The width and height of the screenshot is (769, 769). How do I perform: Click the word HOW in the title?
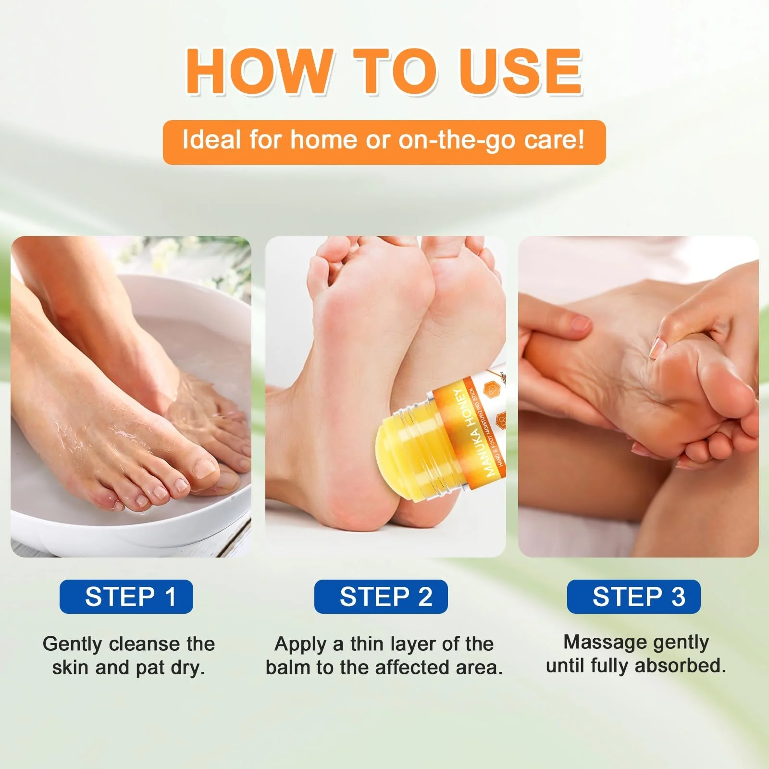260,71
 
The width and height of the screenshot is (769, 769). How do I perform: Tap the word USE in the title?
521,71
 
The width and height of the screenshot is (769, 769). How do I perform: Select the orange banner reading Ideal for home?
384,142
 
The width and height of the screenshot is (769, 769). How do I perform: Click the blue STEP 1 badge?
126,596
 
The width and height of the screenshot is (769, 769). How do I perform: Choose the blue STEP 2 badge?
381,596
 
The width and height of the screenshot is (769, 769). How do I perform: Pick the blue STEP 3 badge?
634,596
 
